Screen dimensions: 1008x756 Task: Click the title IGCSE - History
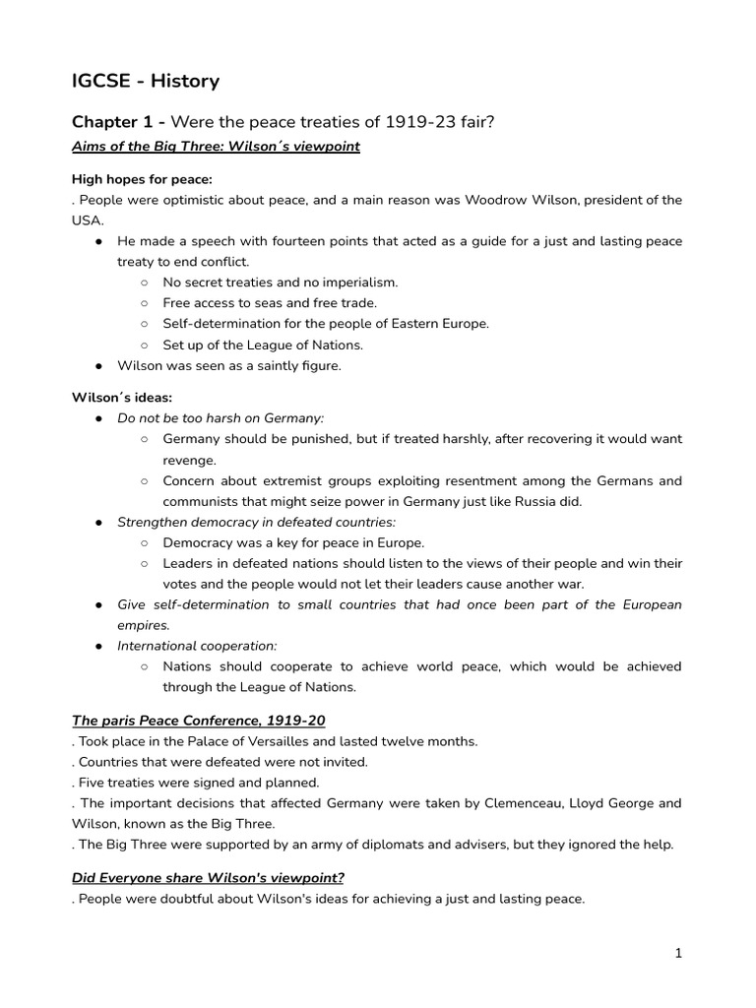pos(146,81)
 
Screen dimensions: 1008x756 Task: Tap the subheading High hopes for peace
pos(142,179)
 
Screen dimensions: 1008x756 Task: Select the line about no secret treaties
pos(280,283)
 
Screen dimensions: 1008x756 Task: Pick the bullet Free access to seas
pos(269,303)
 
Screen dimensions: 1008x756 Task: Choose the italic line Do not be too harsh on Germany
pos(220,418)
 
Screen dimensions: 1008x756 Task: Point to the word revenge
pos(190,460)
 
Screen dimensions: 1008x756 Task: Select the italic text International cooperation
pos(197,646)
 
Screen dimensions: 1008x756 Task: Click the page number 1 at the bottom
pos(678,953)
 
